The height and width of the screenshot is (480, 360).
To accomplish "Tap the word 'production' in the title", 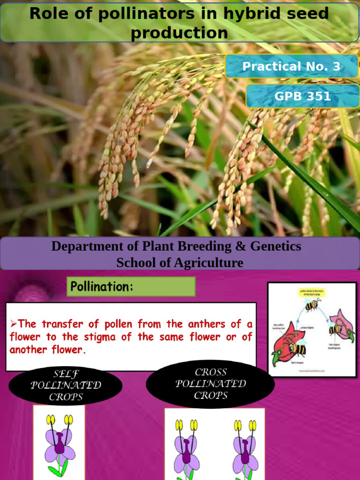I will pos(180,33).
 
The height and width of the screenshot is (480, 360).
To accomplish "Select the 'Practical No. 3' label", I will pos(291,67).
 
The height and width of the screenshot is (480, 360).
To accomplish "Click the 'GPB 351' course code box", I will pos(302,97).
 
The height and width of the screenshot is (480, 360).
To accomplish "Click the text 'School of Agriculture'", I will pos(180,262).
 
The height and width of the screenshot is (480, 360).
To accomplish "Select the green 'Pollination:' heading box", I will pos(131,286).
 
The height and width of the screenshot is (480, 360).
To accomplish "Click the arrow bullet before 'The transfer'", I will pos(13,324).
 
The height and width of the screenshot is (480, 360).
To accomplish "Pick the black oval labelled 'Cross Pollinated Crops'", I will pos(210,384).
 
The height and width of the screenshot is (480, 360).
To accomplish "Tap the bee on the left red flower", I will pos(297,349).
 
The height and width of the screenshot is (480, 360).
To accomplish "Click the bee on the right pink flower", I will pos(336,329).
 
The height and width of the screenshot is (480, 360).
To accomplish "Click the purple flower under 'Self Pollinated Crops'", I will pos(59,443).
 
